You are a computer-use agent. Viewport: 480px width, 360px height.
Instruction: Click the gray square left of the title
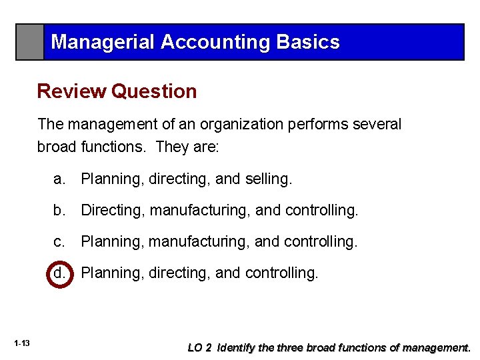[30, 42]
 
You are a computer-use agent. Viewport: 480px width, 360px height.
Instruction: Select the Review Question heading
[117, 91]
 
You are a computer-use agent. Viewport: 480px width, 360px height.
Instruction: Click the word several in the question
[378, 125]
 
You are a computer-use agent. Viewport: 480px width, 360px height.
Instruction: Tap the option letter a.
[59, 179]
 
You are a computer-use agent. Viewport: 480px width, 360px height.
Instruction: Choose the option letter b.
[59, 211]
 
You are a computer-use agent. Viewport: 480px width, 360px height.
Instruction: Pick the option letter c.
[59, 241]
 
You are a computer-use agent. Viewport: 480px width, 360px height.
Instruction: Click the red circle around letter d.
[59, 272]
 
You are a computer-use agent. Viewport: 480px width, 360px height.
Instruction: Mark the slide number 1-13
[21, 343]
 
